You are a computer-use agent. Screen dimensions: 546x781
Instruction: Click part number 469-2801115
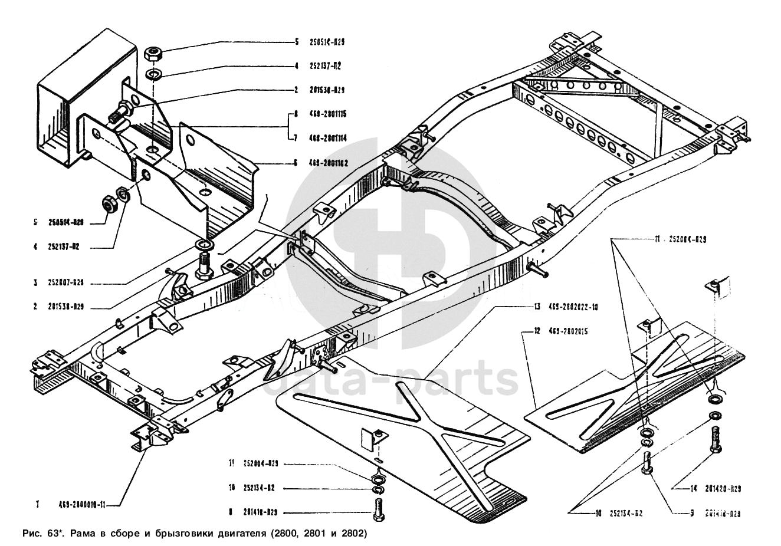pyautogui.click(x=327, y=114)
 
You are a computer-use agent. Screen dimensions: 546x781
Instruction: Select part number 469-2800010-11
pyautogui.click(x=81, y=505)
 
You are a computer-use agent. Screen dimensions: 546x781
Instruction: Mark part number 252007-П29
pyautogui.click(x=66, y=282)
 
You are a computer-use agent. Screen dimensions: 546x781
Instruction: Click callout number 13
pyautogui.click(x=537, y=307)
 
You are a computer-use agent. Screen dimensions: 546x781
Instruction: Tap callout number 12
pyautogui.click(x=537, y=331)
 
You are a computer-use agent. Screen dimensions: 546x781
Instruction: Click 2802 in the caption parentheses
pyautogui.click(x=351, y=534)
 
